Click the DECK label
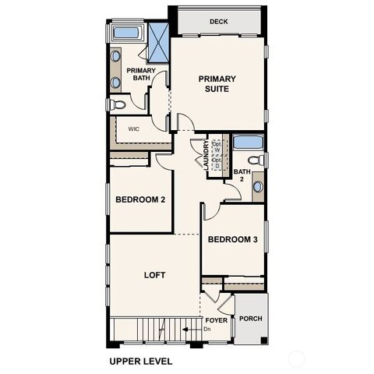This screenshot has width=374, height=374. click(x=218, y=22)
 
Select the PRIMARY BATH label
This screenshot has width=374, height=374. click(x=141, y=74)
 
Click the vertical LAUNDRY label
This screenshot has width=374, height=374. click(x=206, y=155)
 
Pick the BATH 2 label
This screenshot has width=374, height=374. click(x=242, y=175)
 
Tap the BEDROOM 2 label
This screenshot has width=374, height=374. click(x=140, y=199)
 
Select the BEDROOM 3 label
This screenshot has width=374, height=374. click(x=233, y=239)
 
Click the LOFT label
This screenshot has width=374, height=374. click(x=155, y=275)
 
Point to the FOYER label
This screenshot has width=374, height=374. click(x=216, y=320)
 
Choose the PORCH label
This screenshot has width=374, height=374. click(x=250, y=319)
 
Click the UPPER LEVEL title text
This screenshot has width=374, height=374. click(x=140, y=362)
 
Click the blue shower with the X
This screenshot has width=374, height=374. click(x=159, y=42)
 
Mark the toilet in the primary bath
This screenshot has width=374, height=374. click(x=118, y=104)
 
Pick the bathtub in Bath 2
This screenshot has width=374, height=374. click(x=248, y=143)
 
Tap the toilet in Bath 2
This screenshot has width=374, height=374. click(x=259, y=160)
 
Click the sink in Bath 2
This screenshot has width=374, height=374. click(x=258, y=187)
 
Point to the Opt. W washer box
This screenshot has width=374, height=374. click(x=217, y=147)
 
